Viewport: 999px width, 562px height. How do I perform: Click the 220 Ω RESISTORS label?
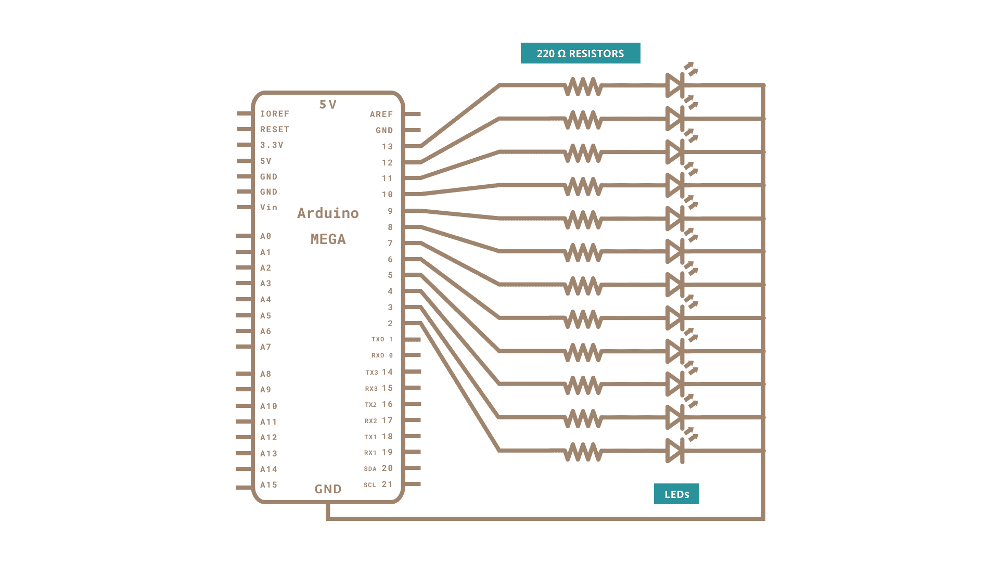pos(580,53)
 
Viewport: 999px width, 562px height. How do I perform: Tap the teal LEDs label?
pos(676,494)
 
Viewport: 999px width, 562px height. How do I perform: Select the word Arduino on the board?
pos(328,213)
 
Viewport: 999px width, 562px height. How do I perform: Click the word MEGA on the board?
pos(328,239)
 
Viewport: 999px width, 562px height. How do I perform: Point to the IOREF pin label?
pos(274,113)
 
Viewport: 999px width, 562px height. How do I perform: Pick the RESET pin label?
pos(274,129)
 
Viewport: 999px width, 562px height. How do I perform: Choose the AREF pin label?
pos(381,114)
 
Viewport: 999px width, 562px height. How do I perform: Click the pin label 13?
pos(387,146)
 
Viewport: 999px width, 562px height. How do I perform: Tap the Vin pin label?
pos(268,207)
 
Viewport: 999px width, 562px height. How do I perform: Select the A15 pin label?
pos(268,484)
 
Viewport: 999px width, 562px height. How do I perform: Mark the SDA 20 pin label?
pos(378,468)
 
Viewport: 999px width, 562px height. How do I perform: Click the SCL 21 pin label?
pos(378,484)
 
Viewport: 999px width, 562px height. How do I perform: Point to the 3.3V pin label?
pos(272,145)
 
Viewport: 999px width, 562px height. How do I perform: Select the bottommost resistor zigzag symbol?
pos(583,451)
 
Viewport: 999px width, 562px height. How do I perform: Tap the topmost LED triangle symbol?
pos(674,85)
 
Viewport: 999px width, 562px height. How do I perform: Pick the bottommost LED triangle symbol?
pos(674,451)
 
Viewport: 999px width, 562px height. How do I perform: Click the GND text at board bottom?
pos(328,489)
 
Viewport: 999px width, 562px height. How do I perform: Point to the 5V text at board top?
pos(328,105)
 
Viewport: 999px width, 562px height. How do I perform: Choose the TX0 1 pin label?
pos(382,339)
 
